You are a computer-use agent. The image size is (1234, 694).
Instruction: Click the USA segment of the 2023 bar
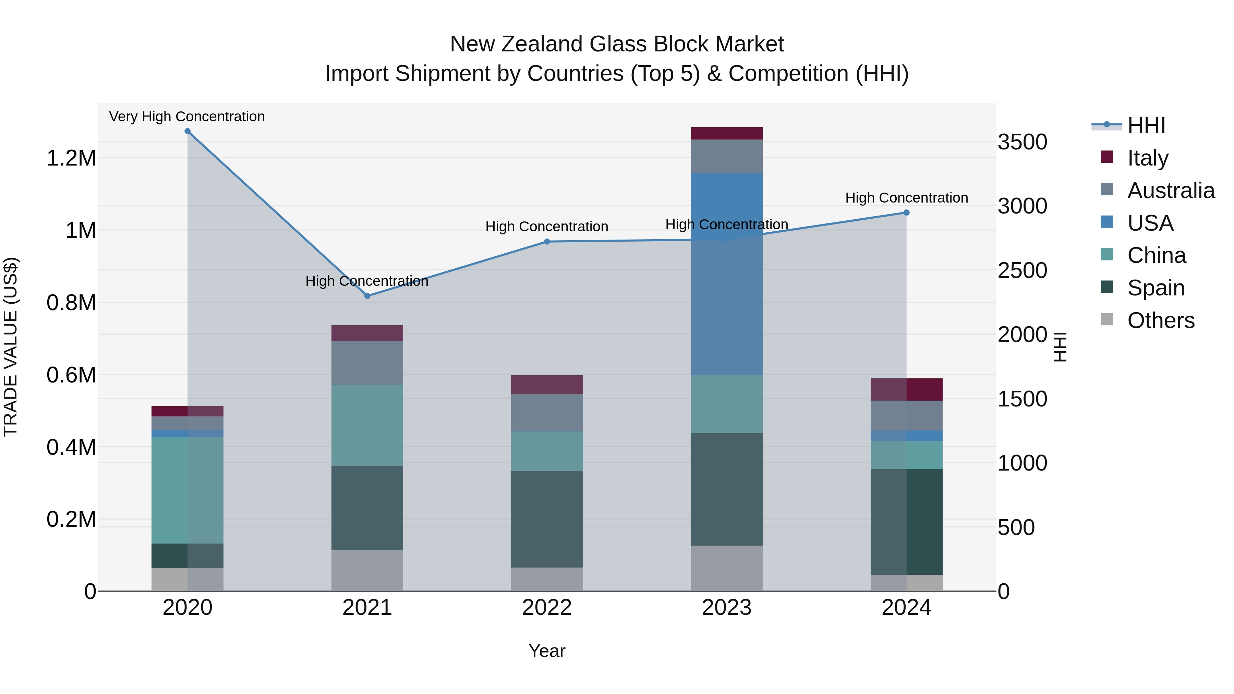(x=726, y=273)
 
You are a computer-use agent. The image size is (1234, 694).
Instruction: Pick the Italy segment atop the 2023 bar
(x=726, y=133)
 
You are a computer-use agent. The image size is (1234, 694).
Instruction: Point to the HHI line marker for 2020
(x=187, y=131)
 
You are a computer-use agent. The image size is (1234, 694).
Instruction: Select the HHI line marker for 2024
(x=906, y=212)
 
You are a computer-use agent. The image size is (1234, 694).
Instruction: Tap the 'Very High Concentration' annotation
(x=187, y=117)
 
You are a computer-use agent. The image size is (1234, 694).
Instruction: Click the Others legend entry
(x=1160, y=320)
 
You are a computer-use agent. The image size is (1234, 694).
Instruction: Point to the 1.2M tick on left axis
(x=71, y=158)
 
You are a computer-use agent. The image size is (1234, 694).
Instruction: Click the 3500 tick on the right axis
(x=1022, y=142)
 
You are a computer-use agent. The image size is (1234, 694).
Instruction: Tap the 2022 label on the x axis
(x=547, y=608)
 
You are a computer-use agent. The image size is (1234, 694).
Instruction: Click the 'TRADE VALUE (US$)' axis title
(x=11, y=347)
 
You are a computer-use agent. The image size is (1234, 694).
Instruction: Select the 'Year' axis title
(x=547, y=651)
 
